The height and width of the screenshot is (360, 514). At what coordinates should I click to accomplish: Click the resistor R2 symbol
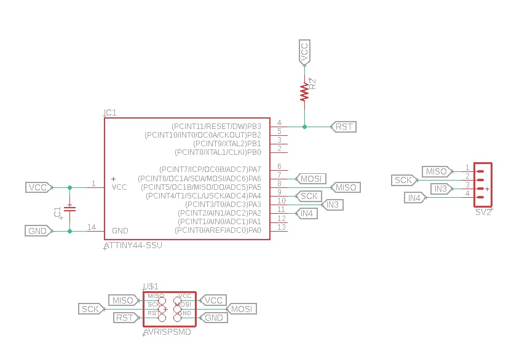point(304,92)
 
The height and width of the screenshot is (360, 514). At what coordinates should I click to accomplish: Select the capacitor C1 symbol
point(69,209)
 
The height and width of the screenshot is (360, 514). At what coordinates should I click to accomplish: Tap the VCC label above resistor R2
point(304,52)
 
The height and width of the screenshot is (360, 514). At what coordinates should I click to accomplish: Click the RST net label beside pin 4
point(344,127)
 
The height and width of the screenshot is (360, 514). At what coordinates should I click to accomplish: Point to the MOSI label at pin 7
point(310,178)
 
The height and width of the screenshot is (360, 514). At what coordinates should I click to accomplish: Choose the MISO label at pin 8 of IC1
point(345,187)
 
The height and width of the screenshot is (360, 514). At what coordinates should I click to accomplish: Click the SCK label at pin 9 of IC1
point(309,196)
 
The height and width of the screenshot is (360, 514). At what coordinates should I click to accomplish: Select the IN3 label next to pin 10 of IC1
point(333,205)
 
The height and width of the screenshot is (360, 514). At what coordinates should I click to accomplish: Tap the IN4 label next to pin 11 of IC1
point(306,213)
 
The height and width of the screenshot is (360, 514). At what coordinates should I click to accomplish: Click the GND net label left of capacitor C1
point(38,231)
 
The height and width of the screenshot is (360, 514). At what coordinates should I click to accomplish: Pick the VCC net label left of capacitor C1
point(38,187)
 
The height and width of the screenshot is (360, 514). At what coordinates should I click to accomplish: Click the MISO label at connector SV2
point(437,171)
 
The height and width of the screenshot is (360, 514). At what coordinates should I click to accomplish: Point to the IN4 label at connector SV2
point(415,198)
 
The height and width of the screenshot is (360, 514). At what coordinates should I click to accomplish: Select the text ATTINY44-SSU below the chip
point(134,246)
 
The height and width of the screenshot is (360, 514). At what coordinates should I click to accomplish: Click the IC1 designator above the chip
point(110,113)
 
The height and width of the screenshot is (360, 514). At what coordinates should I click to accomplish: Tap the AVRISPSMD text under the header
point(167,332)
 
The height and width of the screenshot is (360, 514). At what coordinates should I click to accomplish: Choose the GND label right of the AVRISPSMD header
point(213,318)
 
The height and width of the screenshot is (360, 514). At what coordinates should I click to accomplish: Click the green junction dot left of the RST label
point(304,127)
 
